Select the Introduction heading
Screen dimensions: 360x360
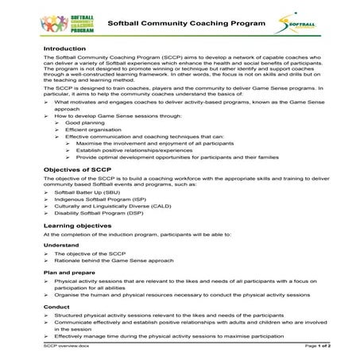[65, 48]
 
